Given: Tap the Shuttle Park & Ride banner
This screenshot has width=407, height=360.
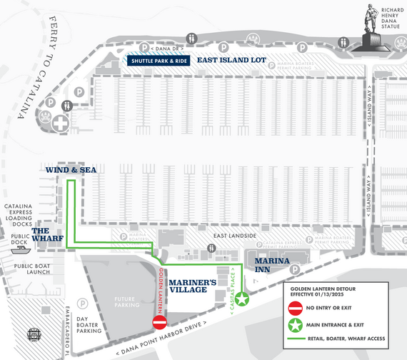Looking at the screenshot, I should pyautogui.click(x=159, y=61).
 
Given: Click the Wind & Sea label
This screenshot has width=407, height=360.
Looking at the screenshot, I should pyautogui.click(x=71, y=170).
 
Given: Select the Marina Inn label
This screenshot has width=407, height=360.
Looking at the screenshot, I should pyautogui.click(x=271, y=265).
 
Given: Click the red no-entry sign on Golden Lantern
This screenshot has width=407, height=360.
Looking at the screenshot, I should pyautogui.click(x=160, y=323).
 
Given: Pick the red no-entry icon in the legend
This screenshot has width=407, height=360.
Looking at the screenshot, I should pyautogui.click(x=294, y=309).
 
